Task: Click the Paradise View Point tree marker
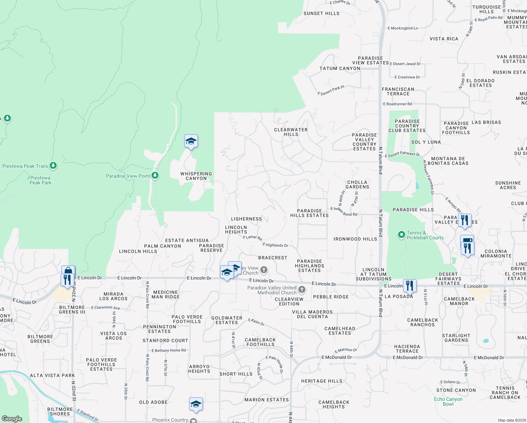pyautogui.click(x=155, y=176)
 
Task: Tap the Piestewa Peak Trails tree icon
pyautogui.click(x=53, y=165)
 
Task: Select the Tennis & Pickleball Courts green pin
pyautogui.click(x=401, y=235)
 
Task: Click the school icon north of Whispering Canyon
pyautogui.click(x=191, y=141)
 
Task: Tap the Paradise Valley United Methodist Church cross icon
pyautogui.click(x=302, y=290)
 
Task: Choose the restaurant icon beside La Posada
pyautogui.click(x=409, y=285)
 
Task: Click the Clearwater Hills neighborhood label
pyautogui.click(x=291, y=132)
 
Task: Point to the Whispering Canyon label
pyautogui.click(x=196, y=176)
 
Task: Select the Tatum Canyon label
pyautogui.click(x=340, y=68)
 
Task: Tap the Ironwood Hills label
pyautogui.click(x=355, y=239)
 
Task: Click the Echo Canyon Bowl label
pyautogui.click(x=448, y=401)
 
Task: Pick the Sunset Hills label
pyautogui.click(x=321, y=13)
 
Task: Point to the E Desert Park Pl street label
pyautogui.click(x=331, y=90)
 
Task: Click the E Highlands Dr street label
pyautogui.click(x=275, y=245)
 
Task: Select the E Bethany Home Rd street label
pyautogui.click(x=168, y=350)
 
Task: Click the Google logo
pyautogui.click(x=12, y=419)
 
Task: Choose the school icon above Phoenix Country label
pyautogui.click(x=196, y=404)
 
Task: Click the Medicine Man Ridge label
pyautogui.click(x=166, y=294)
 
